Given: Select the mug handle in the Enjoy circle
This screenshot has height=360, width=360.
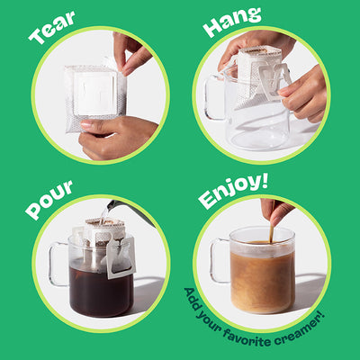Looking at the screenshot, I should (220, 261).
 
